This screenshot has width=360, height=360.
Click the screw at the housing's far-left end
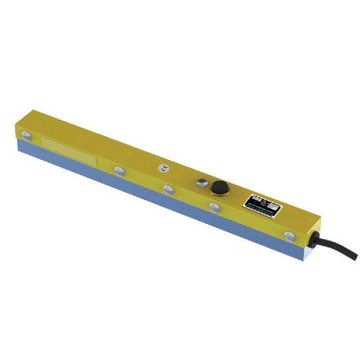click(x=27, y=135)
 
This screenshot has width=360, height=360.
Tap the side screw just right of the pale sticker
click(x=118, y=171)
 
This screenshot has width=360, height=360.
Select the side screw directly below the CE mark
click(x=168, y=189)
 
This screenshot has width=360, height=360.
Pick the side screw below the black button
click(x=214, y=207)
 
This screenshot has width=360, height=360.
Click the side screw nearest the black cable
click(x=290, y=235)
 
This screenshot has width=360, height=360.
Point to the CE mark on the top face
click(x=165, y=167)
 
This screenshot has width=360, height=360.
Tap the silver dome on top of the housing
click(x=202, y=181)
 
